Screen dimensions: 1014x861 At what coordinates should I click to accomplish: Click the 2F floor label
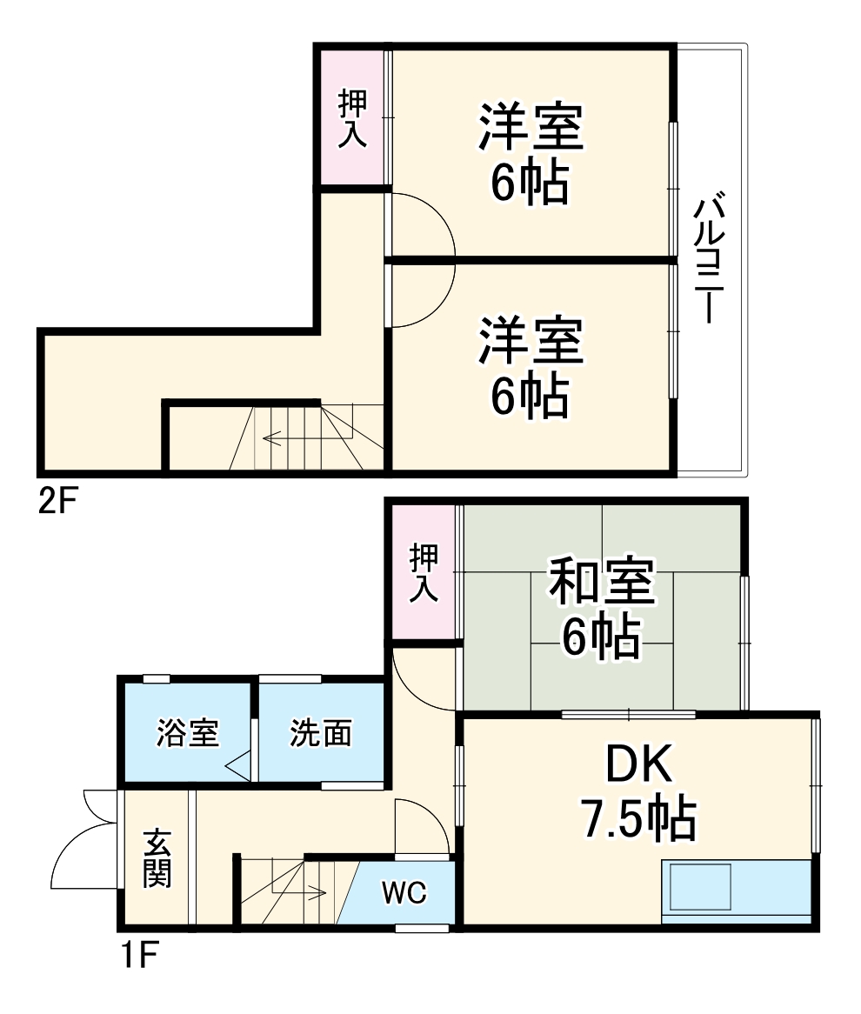pyautogui.click(x=58, y=502)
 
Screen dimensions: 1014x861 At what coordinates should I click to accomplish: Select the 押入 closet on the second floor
pyautogui.click(x=352, y=118)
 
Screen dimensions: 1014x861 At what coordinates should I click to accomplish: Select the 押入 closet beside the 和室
pyautogui.click(x=424, y=574)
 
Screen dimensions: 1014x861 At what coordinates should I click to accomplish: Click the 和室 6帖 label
pyautogui.click(x=601, y=609)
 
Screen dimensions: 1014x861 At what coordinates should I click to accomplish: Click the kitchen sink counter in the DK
pyautogui.click(x=737, y=891)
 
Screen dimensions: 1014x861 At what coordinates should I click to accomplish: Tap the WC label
pyautogui.click(x=402, y=893)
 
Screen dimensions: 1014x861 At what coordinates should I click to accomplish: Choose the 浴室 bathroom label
pyautogui.click(x=187, y=733)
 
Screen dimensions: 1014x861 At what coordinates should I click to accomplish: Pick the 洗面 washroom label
pyautogui.click(x=320, y=733)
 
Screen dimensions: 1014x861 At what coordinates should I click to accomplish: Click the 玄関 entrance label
pyautogui.click(x=157, y=858)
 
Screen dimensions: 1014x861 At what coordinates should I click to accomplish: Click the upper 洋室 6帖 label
pyautogui.click(x=529, y=152)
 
